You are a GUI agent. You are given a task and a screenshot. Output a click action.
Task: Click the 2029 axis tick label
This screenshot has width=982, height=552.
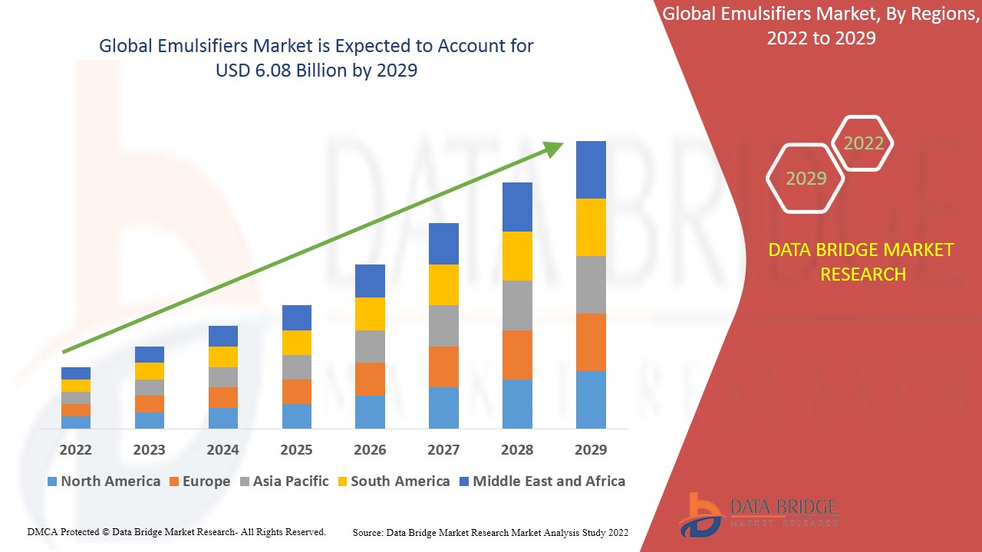point(591,449)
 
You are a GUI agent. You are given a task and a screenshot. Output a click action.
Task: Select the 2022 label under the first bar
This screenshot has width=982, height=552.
point(76,449)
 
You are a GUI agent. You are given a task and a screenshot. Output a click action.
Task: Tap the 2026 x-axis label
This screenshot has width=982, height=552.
point(370,449)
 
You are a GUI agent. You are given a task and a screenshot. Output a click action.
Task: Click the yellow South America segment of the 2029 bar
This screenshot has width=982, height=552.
point(591,227)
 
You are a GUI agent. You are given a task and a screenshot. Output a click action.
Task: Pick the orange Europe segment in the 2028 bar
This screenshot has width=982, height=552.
point(517,354)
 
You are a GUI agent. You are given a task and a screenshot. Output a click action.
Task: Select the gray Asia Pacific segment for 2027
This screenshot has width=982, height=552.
point(443,326)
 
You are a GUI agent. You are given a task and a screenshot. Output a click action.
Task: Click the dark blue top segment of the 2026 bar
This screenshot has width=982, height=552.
point(370,281)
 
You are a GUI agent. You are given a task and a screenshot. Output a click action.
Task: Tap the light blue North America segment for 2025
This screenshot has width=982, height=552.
point(297,416)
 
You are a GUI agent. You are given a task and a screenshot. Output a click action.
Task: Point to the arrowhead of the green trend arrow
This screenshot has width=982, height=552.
point(554,147)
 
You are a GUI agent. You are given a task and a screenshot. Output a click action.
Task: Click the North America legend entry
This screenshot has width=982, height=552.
point(104,481)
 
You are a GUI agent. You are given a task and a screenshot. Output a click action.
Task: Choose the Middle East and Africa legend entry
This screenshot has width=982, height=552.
point(542,481)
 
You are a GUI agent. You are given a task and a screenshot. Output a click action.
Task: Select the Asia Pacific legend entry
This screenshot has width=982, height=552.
point(284,481)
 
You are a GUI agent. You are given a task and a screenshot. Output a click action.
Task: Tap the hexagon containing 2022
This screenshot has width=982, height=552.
point(864,143)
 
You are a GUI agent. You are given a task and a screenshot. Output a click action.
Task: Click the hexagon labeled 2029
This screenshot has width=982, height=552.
point(806,179)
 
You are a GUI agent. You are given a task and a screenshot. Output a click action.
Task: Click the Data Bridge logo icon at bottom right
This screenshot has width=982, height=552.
point(700,514)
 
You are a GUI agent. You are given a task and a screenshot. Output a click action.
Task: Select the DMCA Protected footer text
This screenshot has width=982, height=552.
point(176,531)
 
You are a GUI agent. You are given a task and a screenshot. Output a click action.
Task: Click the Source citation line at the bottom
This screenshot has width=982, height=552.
point(490,532)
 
